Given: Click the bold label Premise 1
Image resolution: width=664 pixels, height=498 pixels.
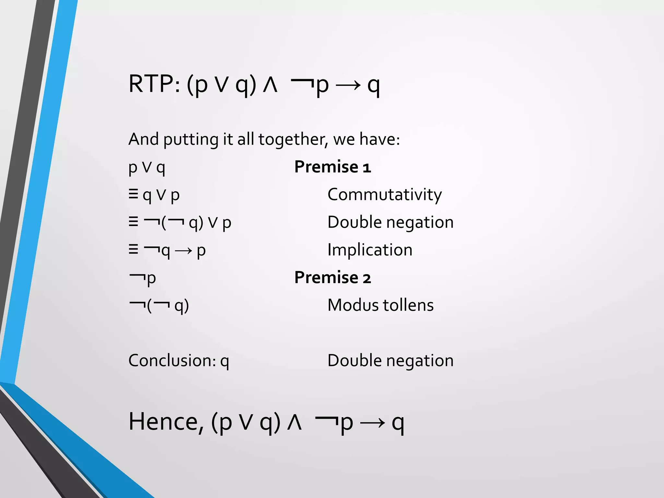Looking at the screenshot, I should pos(332,167).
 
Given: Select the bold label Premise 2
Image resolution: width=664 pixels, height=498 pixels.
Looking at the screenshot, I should pos(332,278).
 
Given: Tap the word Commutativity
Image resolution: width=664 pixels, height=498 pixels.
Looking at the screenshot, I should pos(385,195).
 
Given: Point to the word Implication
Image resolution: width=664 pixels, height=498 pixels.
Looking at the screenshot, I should pos(370,250).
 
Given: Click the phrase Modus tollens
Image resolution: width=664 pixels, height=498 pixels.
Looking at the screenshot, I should pos(381,305).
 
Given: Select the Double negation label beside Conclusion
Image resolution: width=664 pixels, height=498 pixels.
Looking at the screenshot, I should pos(390,361).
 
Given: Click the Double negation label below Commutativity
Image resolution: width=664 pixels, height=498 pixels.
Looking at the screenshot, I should pos(390,222).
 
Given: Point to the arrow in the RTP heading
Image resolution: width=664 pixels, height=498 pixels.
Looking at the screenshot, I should pos(348,86).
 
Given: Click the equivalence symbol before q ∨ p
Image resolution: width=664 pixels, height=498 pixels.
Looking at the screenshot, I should pos(133,194).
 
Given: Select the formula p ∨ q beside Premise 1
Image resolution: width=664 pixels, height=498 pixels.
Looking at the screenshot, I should pos(147,168).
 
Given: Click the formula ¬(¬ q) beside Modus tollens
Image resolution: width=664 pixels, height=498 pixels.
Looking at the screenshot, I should pos(159,306).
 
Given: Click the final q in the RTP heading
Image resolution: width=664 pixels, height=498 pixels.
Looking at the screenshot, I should pos(373,86).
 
